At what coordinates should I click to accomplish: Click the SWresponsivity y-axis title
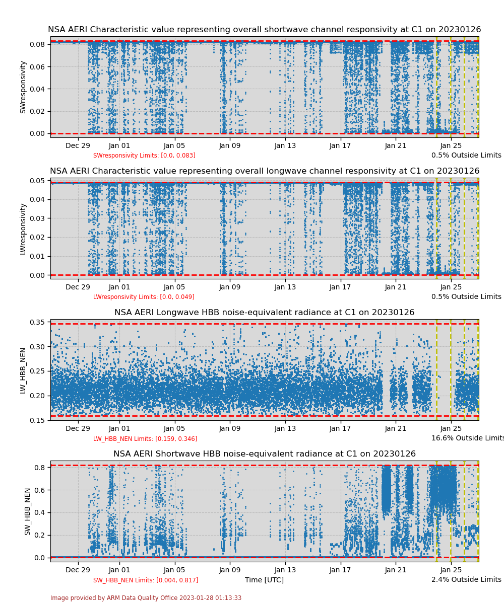tap(23, 87)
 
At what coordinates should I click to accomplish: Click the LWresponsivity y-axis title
tap(23, 229)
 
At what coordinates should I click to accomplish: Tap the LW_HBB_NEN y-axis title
tap(23, 370)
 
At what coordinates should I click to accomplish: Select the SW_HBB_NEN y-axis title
tap(27, 511)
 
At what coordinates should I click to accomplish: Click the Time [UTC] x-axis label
tap(264, 580)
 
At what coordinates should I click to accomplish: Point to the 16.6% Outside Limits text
tap(467, 438)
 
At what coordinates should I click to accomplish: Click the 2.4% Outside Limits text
tap(466, 580)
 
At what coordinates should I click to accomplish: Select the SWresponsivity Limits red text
tap(144, 156)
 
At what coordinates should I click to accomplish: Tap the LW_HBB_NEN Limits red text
tap(145, 439)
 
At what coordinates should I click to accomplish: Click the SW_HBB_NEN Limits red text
tap(146, 580)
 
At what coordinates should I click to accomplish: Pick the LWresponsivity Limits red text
tap(144, 297)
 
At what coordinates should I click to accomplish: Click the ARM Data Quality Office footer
tap(146, 598)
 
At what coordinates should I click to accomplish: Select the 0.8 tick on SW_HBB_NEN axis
tap(41, 467)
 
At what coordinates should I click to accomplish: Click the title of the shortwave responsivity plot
tap(264, 30)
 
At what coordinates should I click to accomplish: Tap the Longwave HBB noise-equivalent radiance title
tap(264, 313)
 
